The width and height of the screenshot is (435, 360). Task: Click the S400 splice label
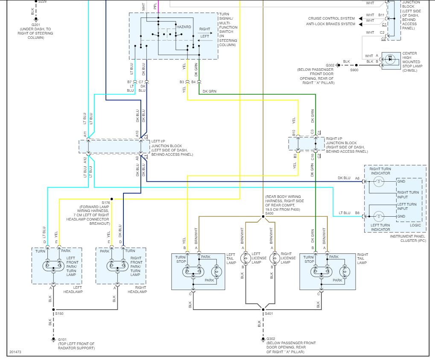click(x=269, y=213)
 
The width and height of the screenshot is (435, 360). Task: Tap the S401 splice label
click(x=269, y=314)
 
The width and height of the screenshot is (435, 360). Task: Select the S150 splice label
click(x=59, y=314)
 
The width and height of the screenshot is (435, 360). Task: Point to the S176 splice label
click(x=105, y=203)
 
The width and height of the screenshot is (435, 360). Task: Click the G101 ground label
click(x=62, y=340)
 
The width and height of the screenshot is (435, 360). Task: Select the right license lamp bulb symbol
click(x=274, y=258)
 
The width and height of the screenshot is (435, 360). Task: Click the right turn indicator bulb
click(x=378, y=181)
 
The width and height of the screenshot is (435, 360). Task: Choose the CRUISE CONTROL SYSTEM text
click(x=332, y=18)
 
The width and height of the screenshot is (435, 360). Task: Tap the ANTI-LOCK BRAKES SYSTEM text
click(x=330, y=24)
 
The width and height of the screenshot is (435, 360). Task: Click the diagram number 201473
click(x=15, y=352)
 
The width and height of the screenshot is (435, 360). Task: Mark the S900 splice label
click(x=354, y=70)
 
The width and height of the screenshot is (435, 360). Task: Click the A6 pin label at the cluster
click(x=357, y=178)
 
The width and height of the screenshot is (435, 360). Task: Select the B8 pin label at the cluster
click(x=357, y=212)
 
